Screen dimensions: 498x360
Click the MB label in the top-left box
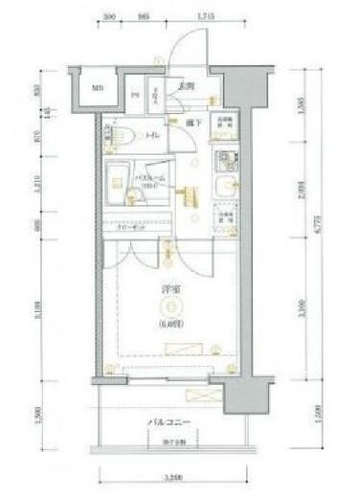(x=97, y=90)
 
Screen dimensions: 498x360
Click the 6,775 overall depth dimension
(x=316, y=230)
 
